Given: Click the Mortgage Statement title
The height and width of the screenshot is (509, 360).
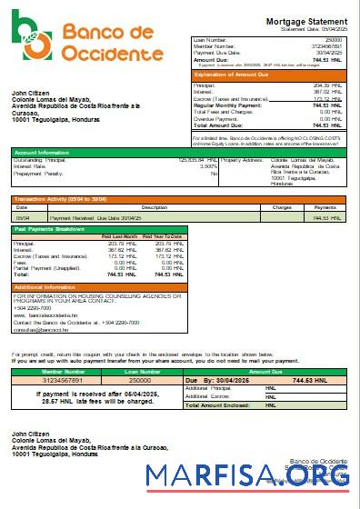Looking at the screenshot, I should click(305, 20).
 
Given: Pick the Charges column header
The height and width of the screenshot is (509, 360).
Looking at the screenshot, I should click(282, 207).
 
